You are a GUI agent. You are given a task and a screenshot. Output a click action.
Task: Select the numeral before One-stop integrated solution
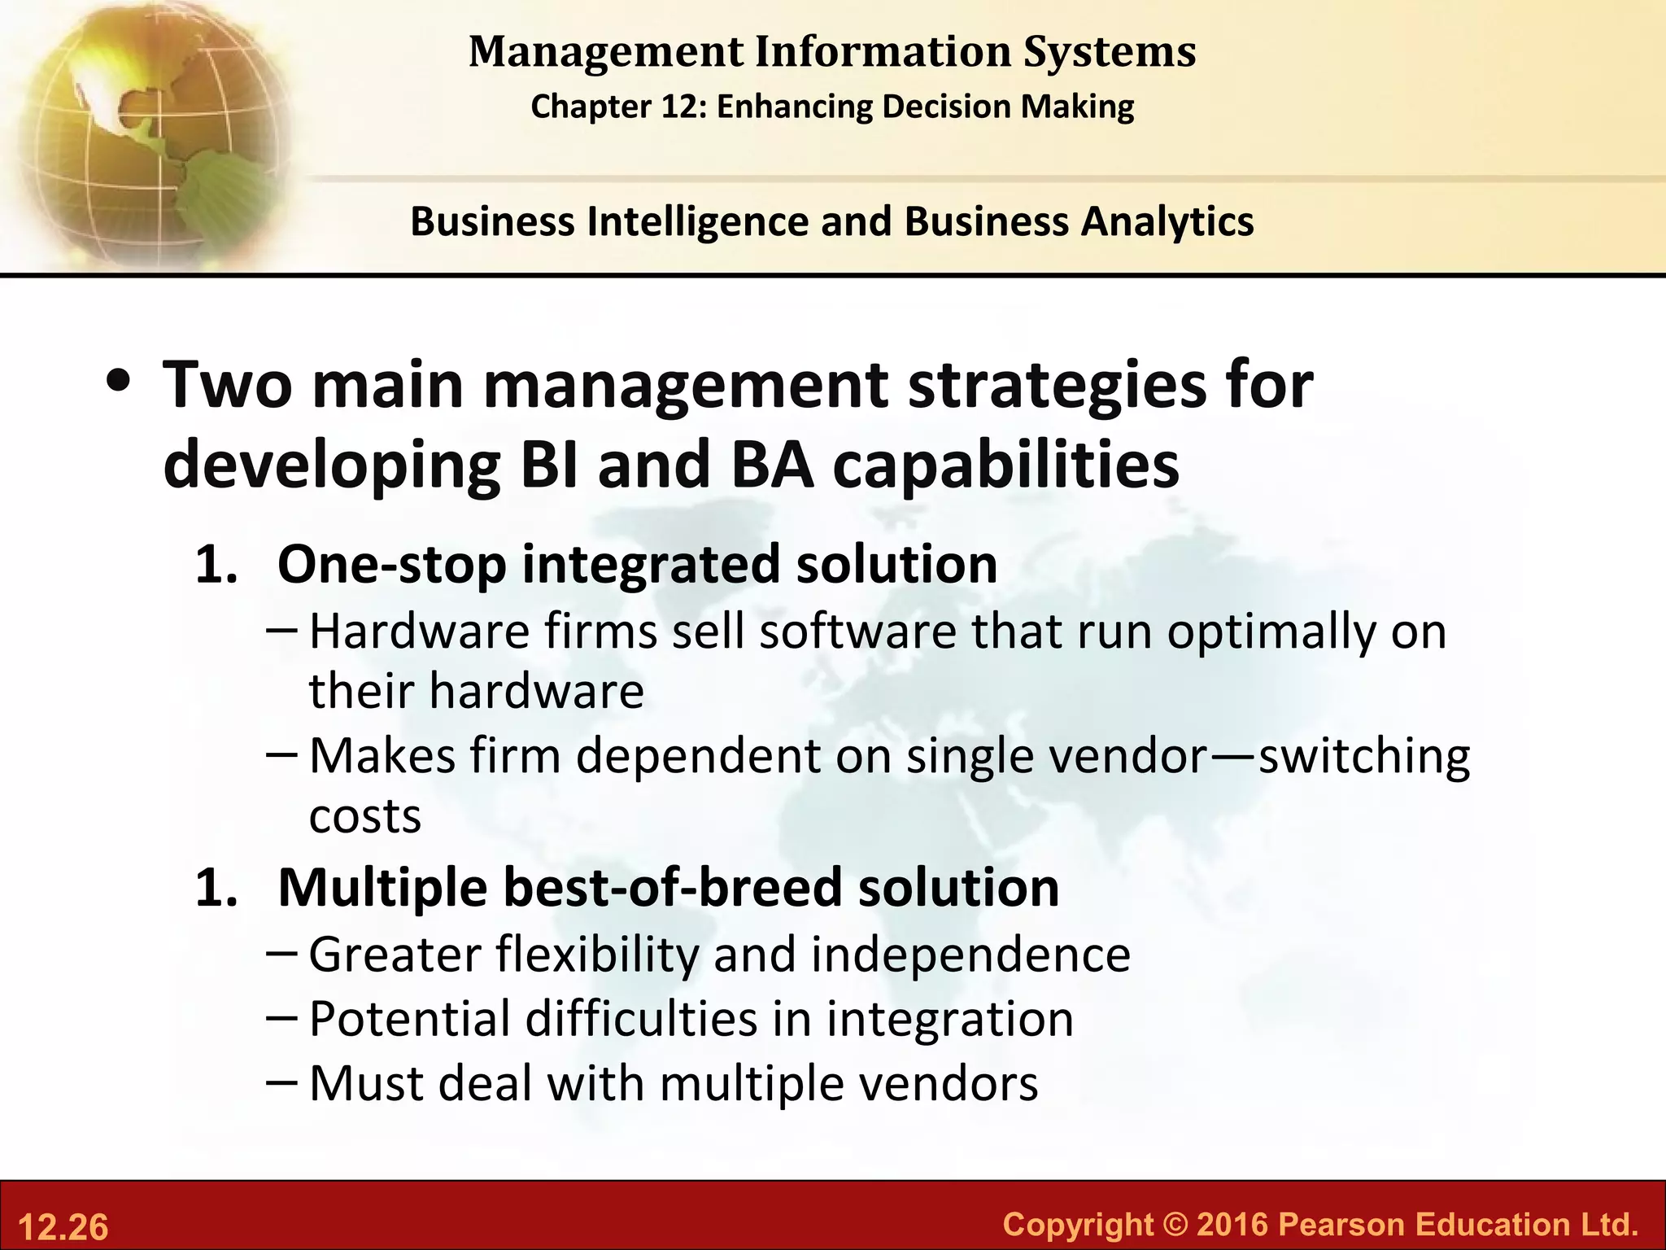pos(216,564)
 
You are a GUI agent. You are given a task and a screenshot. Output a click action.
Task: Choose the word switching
pos(1364,756)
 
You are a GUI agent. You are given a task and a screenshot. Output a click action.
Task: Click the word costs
pos(365,815)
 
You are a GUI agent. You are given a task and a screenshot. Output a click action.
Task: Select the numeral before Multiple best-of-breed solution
pos(216,887)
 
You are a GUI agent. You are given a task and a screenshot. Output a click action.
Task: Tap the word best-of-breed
pos(673,887)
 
